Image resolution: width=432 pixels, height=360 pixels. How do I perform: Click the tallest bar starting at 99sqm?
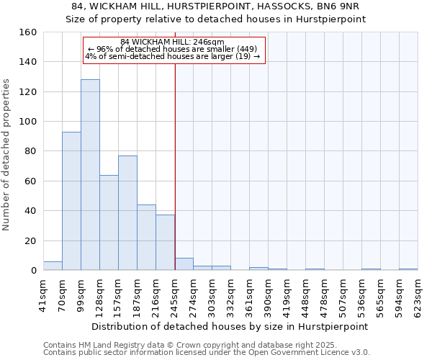tap(90, 175)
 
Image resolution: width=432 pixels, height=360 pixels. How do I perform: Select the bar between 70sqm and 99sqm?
tap(71, 201)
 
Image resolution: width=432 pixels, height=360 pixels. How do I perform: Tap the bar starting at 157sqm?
tap(127, 213)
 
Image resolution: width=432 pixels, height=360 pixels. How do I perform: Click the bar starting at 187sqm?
tap(146, 238)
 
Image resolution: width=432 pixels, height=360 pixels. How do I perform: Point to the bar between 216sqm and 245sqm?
tap(165, 243)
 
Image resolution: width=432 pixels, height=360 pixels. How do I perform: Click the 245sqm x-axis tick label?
tap(174, 295)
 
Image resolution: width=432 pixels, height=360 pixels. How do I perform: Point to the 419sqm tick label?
tap(287, 295)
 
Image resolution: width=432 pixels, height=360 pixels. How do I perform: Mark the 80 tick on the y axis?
tap(31, 151)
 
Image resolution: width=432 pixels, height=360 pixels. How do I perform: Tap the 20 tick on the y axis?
tap(31, 240)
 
